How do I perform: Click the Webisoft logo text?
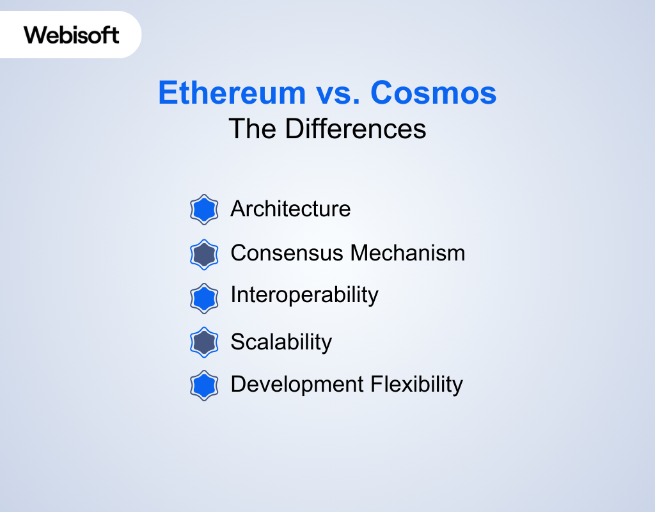[72, 35]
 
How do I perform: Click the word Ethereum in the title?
[232, 92]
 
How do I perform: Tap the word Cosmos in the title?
[434, 92]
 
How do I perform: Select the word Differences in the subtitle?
[356, 129]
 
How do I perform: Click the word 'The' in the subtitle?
[252, 129]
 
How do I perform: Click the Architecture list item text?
[291, 209]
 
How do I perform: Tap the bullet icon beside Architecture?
[204, 209]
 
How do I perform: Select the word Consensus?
[287, 253]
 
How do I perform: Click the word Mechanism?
[407, 253]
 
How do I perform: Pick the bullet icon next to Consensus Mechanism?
[204, 255]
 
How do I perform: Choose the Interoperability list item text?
[304, 296]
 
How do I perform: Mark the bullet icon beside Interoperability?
[204, 298]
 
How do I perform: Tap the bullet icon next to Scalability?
[204, 342]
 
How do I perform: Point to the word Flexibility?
[417, 385]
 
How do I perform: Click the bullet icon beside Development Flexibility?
[204, 385]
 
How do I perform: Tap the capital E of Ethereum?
[168, 92]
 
